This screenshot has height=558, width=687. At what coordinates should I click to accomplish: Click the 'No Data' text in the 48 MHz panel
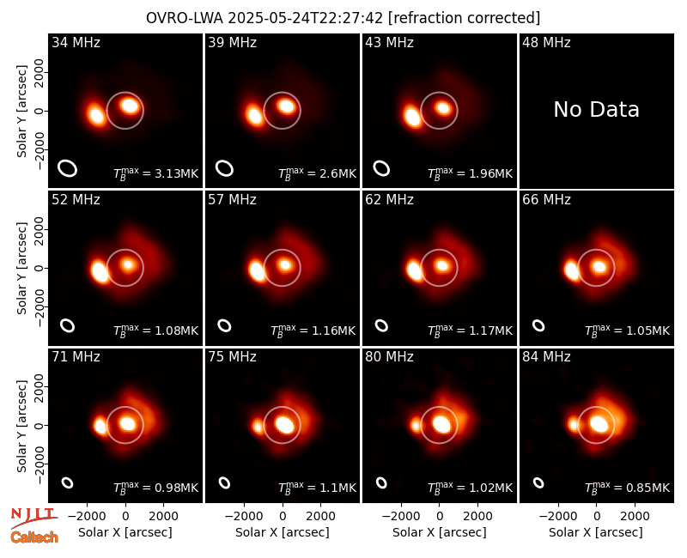coord(596,110)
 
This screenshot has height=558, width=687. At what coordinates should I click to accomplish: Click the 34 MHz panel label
coord(76,42)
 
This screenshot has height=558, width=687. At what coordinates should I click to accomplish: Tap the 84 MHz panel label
coord(546,357)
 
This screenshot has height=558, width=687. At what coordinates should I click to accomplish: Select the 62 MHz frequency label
coord(390,200)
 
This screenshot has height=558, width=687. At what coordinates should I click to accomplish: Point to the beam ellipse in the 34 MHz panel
coord(68,168)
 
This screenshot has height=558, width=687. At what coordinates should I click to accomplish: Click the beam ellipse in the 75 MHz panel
coord(224,482)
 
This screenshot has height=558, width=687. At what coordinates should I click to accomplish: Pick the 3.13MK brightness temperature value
coord(177,174)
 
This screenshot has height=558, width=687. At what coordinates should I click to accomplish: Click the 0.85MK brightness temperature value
coord(648,488)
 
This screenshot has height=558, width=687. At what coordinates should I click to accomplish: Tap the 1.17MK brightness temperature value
coord(490,331)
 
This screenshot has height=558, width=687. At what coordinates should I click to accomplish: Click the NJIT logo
coord(33,519)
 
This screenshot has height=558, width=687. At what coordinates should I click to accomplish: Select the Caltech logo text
coord(34,537)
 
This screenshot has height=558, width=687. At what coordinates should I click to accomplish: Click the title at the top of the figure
coord(343,18)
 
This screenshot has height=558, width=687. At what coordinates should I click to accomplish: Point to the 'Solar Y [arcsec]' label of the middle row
coord(21,268)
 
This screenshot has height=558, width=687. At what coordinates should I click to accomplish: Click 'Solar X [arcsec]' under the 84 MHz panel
coord(596,532)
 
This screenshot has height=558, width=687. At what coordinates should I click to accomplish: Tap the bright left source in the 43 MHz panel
coord(412,117)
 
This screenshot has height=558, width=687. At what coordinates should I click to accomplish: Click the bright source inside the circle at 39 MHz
coord(286,106)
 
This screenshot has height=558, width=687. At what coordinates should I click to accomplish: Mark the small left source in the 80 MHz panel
coord(416,425)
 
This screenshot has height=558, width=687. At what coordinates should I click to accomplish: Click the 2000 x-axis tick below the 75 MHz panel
coord(320,517)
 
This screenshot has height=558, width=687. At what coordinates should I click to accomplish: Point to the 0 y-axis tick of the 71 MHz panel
coord(39,425)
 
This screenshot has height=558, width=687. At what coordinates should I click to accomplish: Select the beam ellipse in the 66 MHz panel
coord(538,325)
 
